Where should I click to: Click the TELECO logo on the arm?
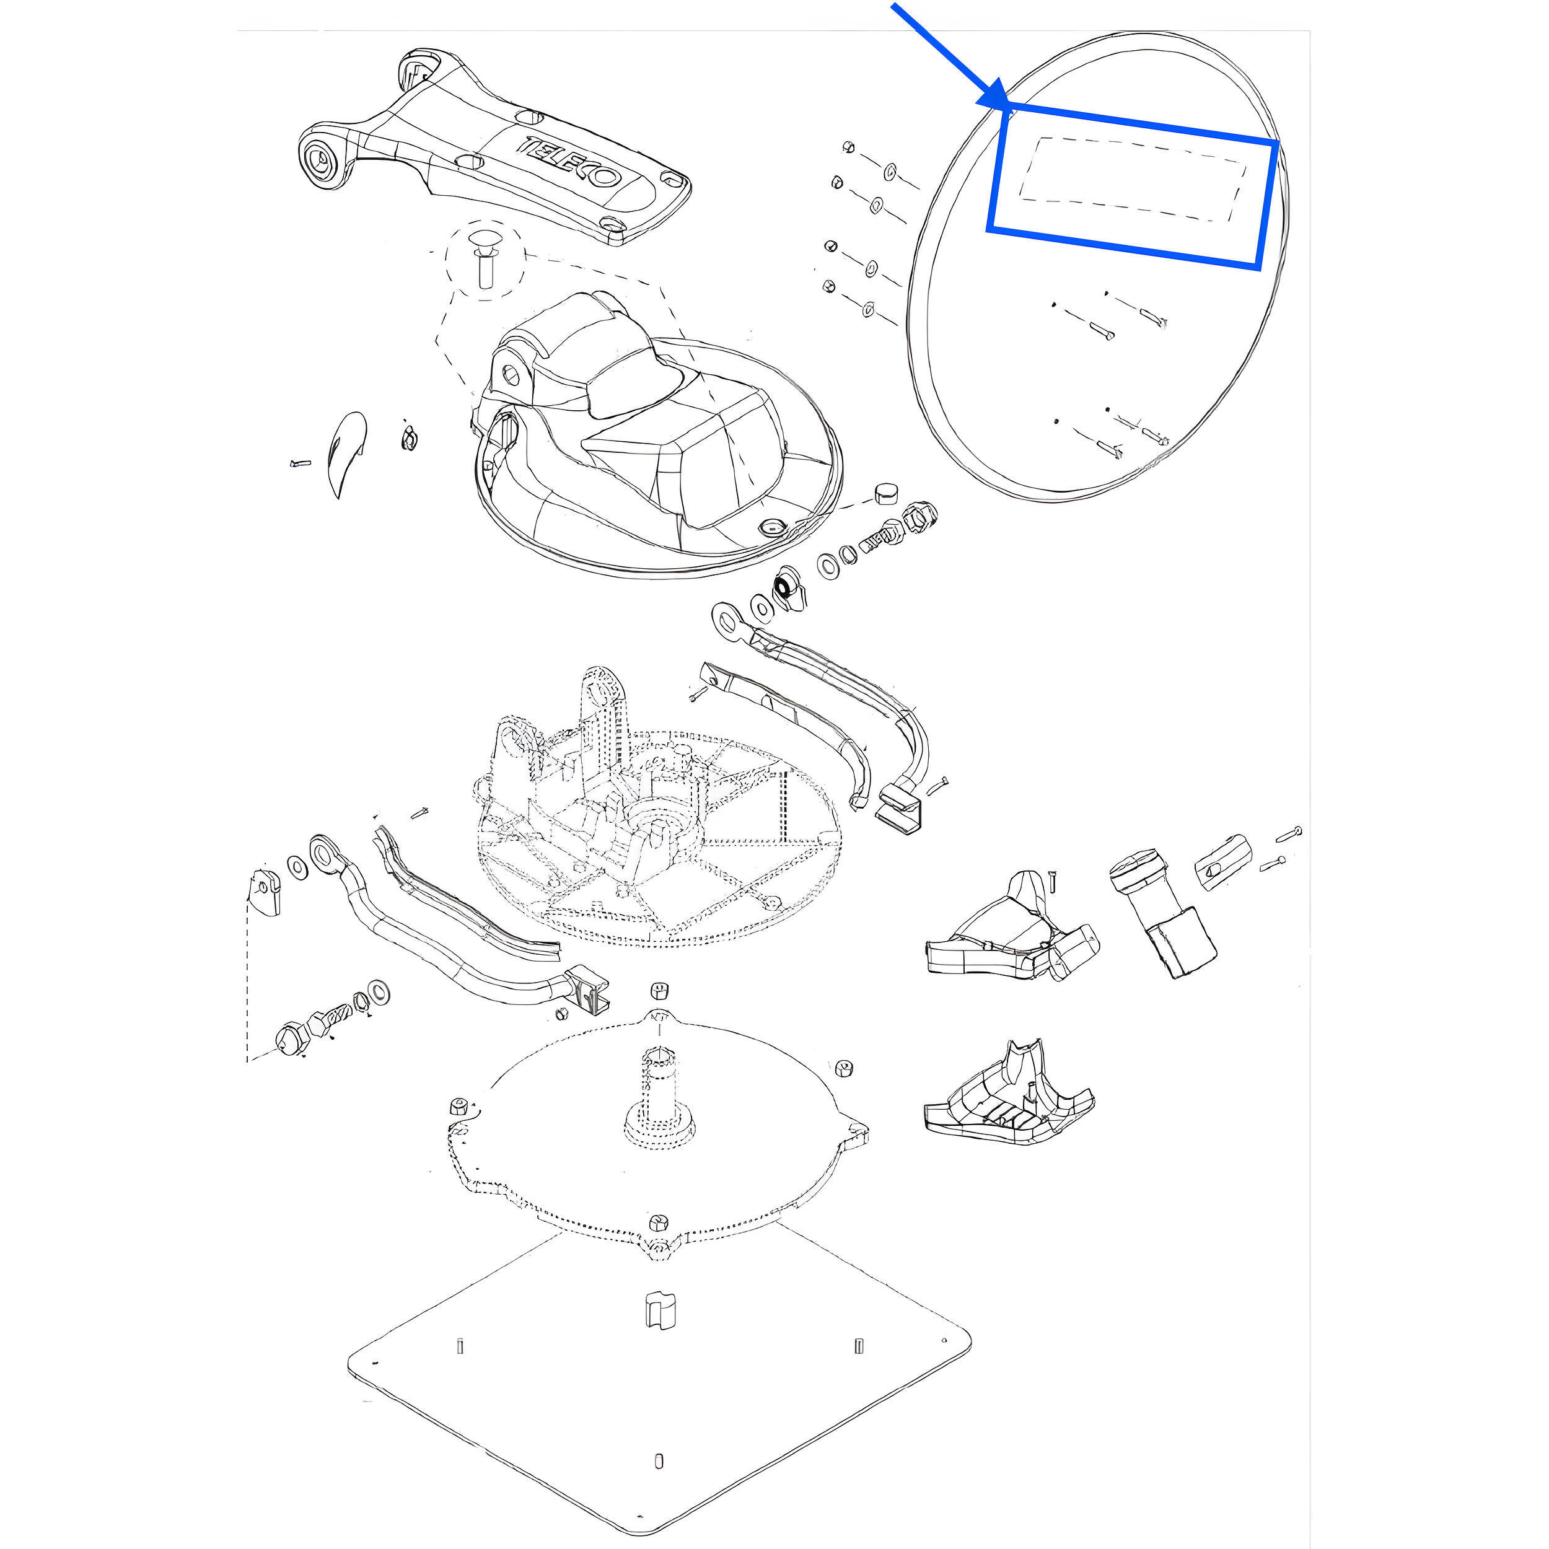pos(573,164)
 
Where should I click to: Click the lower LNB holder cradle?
pos(1009,1094)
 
